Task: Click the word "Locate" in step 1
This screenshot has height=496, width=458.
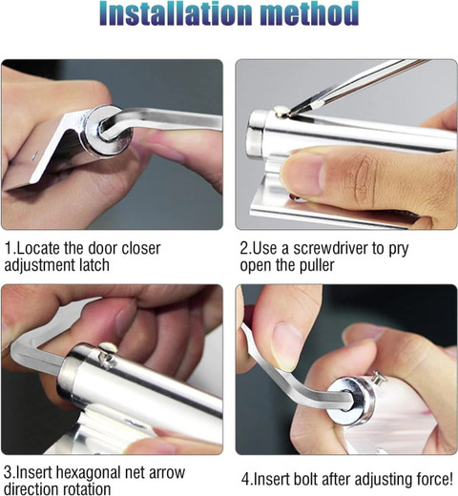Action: pos(38,248)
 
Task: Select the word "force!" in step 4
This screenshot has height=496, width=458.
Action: pos(434,479)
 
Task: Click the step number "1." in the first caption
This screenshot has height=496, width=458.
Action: pos(10,248)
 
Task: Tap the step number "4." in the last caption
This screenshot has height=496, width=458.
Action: pos(247,479)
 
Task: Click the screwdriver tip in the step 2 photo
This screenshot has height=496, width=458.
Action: pos(291,112)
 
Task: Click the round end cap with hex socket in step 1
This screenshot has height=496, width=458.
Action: pos(106,131)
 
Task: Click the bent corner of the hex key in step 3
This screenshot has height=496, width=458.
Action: pos(20,349)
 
